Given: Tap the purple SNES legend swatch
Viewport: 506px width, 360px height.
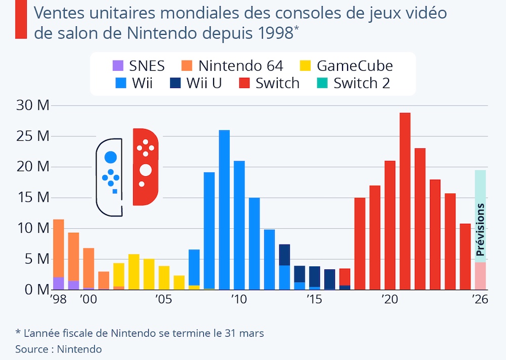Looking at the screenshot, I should [x=118, y=66].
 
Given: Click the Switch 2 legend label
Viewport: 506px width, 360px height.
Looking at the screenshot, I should [x=362, y=83].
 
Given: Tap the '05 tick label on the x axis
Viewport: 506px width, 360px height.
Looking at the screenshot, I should [x=164, y=300].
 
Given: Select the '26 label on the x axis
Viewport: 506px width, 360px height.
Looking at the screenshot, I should [x=479, y=300].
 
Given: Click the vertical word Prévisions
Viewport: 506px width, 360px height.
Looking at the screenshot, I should [x=481, y=229].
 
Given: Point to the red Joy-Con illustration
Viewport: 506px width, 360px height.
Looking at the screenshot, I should [x=145, y=167].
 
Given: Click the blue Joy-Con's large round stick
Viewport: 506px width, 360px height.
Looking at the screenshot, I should [x=111, y=157].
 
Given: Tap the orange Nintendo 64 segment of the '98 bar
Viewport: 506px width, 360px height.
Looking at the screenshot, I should [x=59, y=248].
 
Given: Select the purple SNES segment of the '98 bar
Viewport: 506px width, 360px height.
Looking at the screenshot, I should [x=59, y=284].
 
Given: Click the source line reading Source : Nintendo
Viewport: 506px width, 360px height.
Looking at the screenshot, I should [x=59, y=349].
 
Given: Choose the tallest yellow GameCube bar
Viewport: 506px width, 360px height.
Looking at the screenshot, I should [x=134, y=272].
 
